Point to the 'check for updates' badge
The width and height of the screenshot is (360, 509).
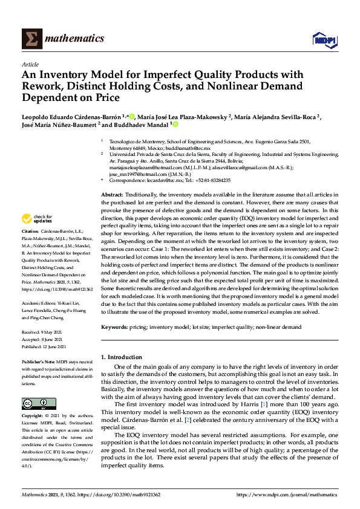pyautogui.click(x=38, y=218)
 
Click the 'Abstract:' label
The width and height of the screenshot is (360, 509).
pyautogui.click(x=112, y=194)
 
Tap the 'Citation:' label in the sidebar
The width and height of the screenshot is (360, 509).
pyautogui.click(x=31, y=232)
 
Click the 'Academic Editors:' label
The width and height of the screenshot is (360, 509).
pyautogui.click(x=42, y=304)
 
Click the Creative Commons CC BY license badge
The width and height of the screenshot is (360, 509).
pyautogui.click(x=35, y=403)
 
